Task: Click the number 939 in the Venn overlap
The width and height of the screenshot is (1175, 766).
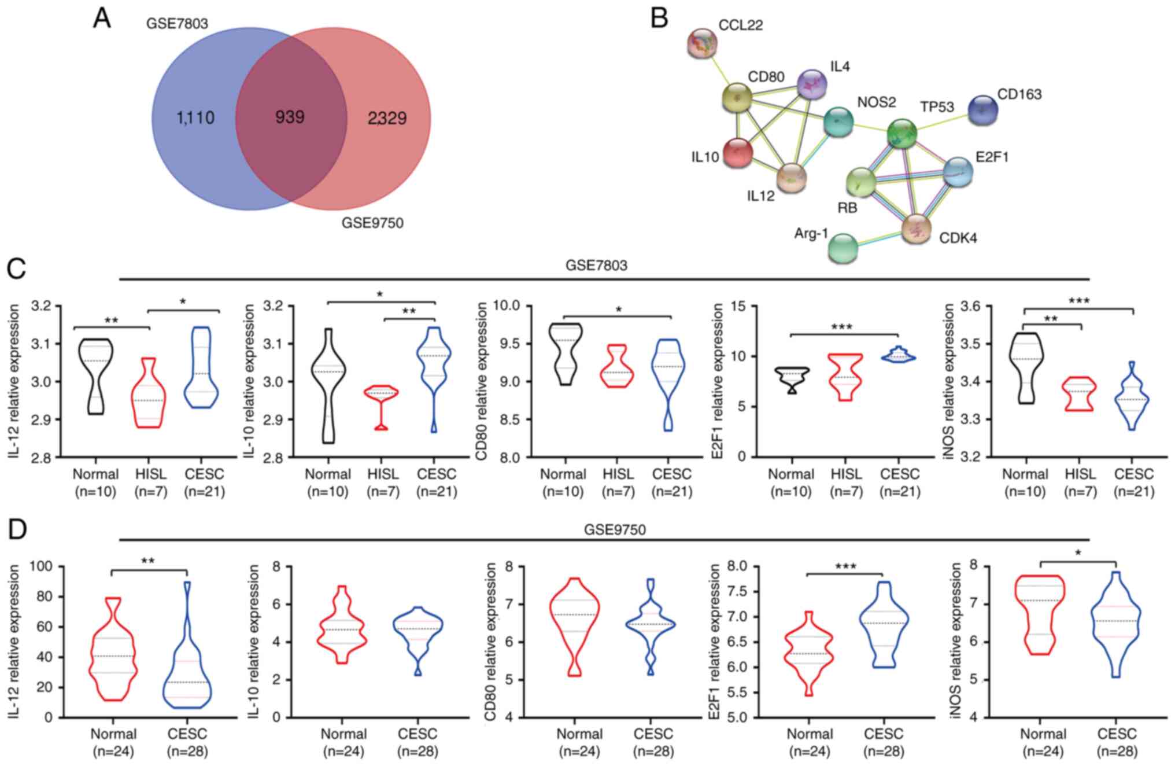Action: [290, 117]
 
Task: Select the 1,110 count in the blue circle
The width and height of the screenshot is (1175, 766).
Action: [195, 118]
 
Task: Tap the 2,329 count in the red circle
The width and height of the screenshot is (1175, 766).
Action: [387, 119]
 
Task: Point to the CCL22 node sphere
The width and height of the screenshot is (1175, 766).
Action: [703, 43]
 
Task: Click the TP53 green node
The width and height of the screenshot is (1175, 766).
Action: [901, 134]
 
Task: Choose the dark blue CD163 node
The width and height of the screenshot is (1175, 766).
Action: [982, 110]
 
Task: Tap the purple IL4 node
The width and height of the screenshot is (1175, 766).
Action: [812, 85]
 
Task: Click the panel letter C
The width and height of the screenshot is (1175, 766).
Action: [16, 268]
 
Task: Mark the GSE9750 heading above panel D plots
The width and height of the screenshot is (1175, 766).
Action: [615, 529]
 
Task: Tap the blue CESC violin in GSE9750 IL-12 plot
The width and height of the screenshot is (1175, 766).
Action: [187, 665]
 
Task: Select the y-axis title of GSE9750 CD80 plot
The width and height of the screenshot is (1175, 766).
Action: [492, 642]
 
